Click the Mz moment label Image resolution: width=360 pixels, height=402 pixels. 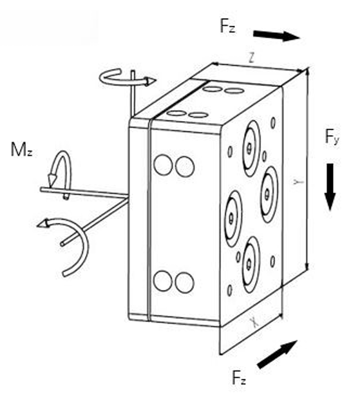click(x=21, y=149)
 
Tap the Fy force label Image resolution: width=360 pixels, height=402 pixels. click(x=332, y=137)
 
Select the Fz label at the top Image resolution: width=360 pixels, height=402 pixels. click(x=227, y=26)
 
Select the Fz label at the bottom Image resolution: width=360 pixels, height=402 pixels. click(x=239, y=378)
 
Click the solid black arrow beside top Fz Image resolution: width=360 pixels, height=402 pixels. click(x=276, y=35)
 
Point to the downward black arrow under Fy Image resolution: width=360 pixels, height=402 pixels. click(x=330, y=187)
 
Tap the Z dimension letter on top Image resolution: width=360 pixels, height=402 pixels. click(x=252, y=59)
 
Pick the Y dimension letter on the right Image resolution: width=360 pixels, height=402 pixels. click(x=298, y=182)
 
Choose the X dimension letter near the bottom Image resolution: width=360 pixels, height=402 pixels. click(x=254, y=323)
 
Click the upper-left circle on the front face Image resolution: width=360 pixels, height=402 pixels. click(x=163, y=164)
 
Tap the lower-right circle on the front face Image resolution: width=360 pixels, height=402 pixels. click(x=184, y=283)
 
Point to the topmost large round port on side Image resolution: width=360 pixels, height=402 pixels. click(x=251, y=149)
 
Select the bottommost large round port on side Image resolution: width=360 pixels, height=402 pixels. click(x=251, y=265)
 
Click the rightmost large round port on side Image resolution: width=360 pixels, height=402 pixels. click(x=269, y=195)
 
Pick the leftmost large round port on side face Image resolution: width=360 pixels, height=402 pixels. click(x=233, y=218)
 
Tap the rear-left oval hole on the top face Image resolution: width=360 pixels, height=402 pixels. click(x=213, y=89)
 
